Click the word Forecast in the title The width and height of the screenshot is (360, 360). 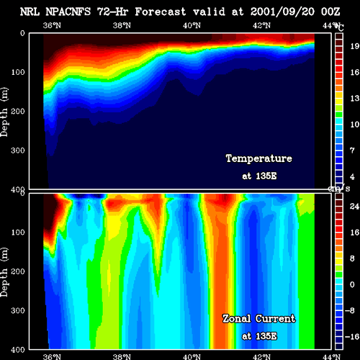click(161, 12)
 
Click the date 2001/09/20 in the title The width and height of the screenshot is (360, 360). click(282, 12)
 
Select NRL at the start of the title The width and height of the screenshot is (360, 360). click(30, 12)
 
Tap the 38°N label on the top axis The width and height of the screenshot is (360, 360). click(122, 25)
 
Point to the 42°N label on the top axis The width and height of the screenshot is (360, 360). click(261, 25)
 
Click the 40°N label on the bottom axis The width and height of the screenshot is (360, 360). click(192, 356)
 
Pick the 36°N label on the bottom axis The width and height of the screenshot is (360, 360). click(52, 356)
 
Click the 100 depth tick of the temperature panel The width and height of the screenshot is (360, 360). click(18, 72)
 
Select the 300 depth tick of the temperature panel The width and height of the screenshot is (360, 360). click(18, 150)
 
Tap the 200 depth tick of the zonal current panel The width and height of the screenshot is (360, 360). click(18, 271)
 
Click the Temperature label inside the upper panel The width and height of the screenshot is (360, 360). click(259, 158)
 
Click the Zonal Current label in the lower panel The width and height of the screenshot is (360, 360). click(259, 319)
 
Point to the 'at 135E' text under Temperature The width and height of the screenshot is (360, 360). click(259, 176)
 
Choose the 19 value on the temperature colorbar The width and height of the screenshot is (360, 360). click(355, 46)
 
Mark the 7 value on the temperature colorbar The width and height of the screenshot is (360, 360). click(352, 150)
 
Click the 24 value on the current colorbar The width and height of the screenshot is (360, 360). click(355, 206)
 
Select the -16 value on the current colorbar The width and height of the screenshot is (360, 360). click(352, 337)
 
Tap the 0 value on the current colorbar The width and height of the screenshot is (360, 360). click(352, 284)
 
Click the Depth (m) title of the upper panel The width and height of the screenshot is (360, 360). click(4, 112)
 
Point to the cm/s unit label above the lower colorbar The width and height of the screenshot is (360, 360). click(339, 189)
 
